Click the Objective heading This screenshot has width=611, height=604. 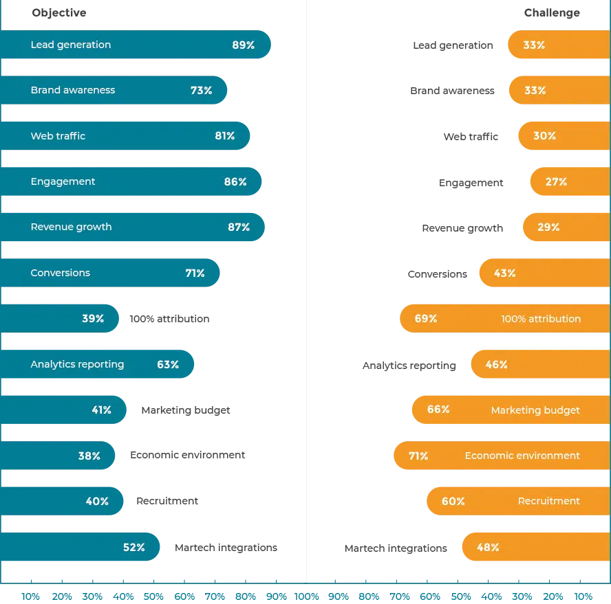(59, 13)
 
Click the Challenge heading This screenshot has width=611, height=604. (552, 13)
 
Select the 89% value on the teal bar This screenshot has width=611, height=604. (243, 45)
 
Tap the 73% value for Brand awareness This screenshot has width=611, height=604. (201, 90)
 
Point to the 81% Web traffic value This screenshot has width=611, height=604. (225, 136)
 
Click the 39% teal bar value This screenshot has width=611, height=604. (93, 319)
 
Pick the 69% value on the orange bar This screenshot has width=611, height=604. (425, 319)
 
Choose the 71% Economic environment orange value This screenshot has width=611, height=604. (418, 456)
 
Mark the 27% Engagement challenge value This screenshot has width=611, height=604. (556, 181)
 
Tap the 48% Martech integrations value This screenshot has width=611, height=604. (488, 548)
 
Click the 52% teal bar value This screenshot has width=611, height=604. (133, 548)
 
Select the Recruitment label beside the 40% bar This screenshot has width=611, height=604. (167, 501)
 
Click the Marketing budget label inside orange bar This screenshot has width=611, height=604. (535, 410)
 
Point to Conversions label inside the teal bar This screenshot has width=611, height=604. (61, 273)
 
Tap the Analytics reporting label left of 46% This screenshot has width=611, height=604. (409, 366)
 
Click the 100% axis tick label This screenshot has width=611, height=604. (307, 596)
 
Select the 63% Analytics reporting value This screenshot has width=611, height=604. (168, 365)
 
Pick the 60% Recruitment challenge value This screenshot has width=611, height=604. (453, 501)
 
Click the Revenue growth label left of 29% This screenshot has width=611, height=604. (462, 228)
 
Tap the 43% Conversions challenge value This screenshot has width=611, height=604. (504, 273)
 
